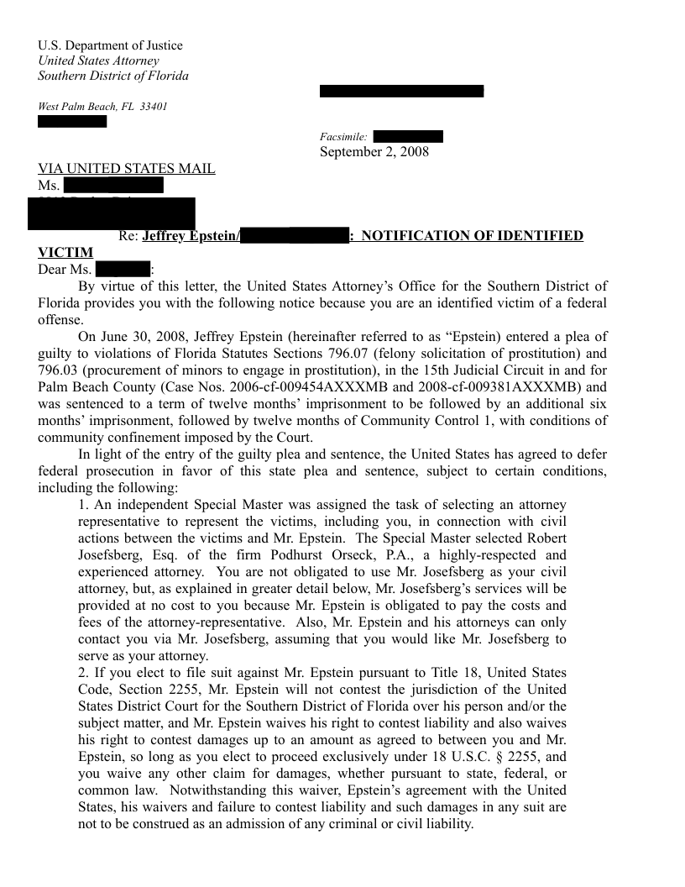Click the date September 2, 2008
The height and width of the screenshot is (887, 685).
click(374, 152)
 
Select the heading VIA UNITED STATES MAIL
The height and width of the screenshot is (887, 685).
click(127, 169)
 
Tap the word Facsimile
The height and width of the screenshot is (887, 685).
click(342, 137)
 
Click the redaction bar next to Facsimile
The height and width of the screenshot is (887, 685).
click(407, 137)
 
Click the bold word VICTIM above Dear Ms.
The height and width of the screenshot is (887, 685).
click(65, 252)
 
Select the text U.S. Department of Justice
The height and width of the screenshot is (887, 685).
click(110, 45)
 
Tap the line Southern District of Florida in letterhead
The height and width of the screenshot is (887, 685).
click(113, 76)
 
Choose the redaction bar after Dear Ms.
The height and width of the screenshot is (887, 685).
click(123, 270)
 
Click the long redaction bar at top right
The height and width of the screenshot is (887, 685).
click(401, 91)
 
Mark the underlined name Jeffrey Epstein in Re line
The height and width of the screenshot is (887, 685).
click(191, 236)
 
